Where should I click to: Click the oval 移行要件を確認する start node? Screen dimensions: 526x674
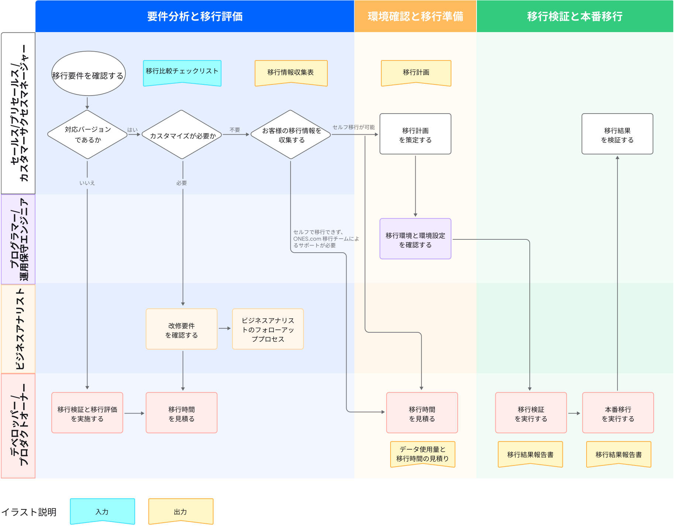point(88,74)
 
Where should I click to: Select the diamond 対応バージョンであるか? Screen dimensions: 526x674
point(87,135)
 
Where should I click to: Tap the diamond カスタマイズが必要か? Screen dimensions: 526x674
point(182,135)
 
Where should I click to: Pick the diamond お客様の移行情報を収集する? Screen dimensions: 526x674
point(291,135)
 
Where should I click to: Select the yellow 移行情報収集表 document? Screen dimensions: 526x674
point(291,73)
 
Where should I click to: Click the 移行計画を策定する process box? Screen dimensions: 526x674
point(415,134)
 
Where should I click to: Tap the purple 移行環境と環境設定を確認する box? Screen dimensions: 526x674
point(415,239)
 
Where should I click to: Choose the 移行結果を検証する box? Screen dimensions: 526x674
point(617,134)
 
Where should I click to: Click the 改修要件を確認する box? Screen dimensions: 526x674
point(182,329)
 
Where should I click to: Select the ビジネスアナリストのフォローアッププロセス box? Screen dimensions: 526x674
point(268,329)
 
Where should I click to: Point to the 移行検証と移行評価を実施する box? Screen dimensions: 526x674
point(87,413)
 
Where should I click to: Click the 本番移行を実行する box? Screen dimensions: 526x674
point(618,413)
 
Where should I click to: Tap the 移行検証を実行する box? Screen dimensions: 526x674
point(531,413)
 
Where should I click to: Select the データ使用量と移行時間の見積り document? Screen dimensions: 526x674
point(423,454)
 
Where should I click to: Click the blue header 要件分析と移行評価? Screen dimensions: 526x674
point(195,16)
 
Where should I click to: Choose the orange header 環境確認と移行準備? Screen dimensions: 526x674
point(415,16)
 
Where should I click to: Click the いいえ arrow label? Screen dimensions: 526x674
point(87,183)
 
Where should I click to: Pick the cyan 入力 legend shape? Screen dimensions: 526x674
point(102,511)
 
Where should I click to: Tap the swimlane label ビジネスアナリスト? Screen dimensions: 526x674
point(19,329)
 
